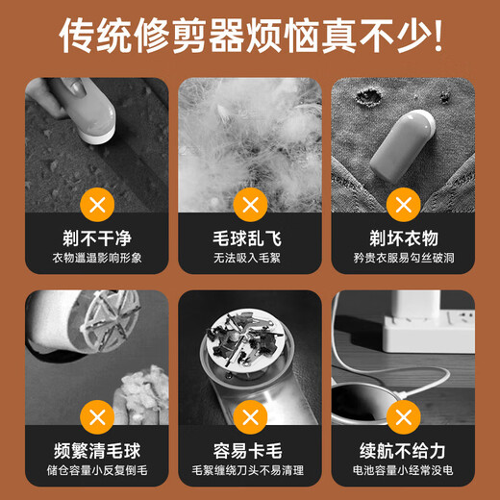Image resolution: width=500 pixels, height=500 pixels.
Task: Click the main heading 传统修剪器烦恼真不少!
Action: point(250,37)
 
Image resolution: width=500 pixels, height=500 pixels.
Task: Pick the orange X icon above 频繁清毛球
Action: point(96,415)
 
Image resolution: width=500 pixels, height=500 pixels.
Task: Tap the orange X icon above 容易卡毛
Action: point(250,415)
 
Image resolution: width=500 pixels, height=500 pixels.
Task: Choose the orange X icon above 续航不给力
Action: point(403,415)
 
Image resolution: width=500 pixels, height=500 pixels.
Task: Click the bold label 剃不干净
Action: point(96,237)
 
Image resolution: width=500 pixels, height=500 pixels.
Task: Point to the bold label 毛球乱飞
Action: point(250,237)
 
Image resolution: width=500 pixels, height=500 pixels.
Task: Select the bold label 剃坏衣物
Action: point(403,237)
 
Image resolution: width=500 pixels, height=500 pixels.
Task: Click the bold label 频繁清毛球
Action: point(96,450)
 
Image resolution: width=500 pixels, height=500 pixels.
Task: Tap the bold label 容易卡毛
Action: point(250,450)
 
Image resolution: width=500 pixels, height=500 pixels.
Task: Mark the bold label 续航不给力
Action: point(403,450)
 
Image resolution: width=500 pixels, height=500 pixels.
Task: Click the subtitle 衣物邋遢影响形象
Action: point(96,260)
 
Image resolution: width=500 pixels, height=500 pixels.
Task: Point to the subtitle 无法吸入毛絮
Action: point(250,260)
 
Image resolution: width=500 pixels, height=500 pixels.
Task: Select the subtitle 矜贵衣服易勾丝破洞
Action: point(403,260)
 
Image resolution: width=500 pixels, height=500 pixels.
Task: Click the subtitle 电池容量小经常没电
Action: point(403,472)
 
